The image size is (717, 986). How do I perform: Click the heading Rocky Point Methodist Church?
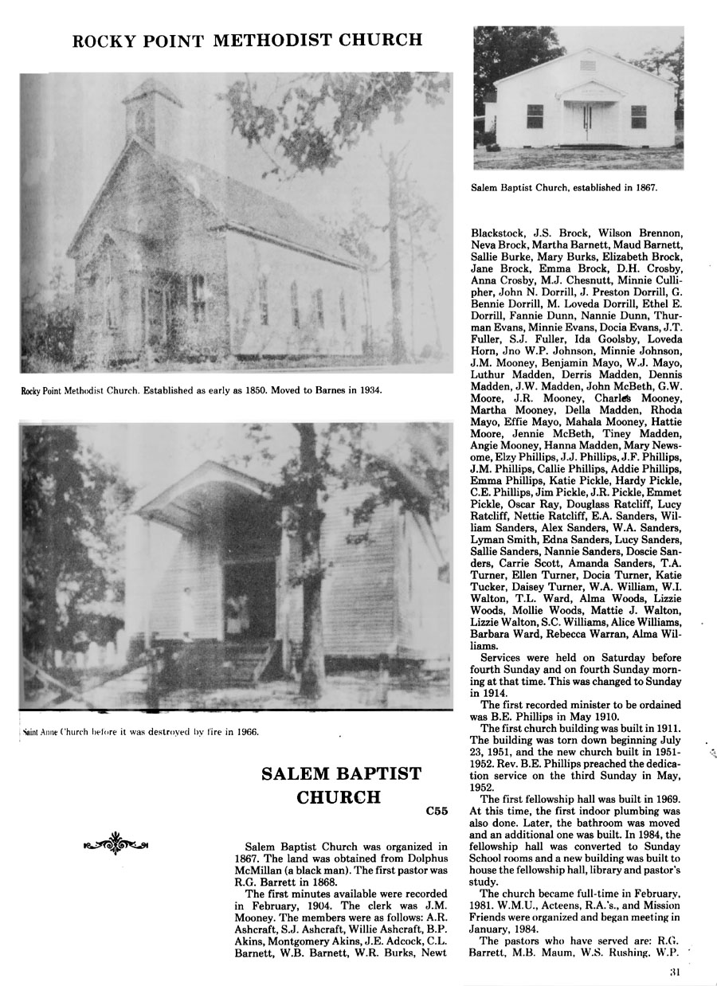[247, 41]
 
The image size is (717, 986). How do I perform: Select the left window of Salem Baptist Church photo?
[535, 116]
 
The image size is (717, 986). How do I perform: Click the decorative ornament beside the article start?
[116, 842]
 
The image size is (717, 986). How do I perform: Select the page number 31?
[675, 972]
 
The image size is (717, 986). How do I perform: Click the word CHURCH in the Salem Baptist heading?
[339, 798]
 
